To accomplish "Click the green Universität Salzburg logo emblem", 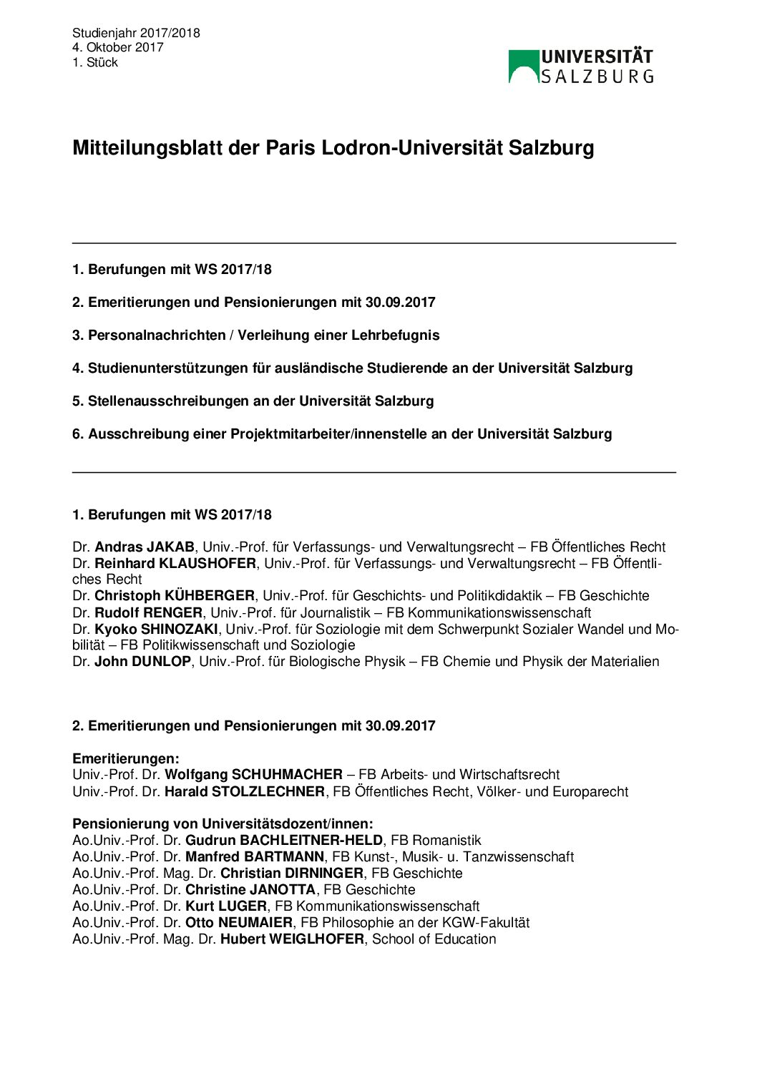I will (x=523, y=67).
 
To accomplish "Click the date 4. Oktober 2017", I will (x=117, y=47).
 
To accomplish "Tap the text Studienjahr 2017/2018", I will (x=136, y=33).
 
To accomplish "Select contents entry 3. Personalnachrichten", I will (x=255, y=336).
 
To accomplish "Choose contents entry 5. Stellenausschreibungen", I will (x=253, y=401).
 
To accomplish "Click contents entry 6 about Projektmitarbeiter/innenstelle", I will (x=341, y=434).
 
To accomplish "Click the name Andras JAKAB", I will (x=144, y=547).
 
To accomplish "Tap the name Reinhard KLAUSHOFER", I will (x=175, y=564).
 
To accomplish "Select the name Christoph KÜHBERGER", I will (x=174, y=596).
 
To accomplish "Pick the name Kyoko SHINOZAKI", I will (x=155, y=630).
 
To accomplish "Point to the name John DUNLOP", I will (x=142, y=662).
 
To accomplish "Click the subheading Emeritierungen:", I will (x=125, y=759).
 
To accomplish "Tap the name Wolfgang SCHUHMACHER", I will (x=253, y=775).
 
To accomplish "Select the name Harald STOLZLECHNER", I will (x=244, y=792).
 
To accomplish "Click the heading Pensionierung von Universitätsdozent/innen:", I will (x=223, y=824).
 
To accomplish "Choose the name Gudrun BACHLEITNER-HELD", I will (x=284, y=841).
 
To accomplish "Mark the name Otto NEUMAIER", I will (x=238, y=923).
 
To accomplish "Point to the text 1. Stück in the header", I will (x=94, y=63).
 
